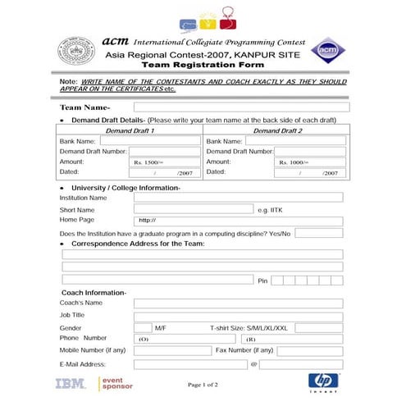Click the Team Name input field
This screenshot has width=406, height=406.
coord(241,107)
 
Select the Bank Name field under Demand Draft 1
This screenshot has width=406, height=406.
coord(150,141)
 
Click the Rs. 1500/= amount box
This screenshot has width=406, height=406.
coord(164,162)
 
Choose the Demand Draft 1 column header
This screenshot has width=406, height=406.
coord(130,130)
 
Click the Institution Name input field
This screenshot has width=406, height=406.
coord(238,198)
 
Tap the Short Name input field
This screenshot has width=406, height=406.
coord(193,209)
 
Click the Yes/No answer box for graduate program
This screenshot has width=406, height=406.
coord(318,233)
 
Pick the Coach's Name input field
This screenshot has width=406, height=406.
coord(238,303)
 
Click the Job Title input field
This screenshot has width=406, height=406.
coord(238,315)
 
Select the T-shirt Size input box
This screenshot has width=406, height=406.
coord(318,327)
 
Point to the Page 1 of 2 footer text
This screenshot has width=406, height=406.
coord(203,384)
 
